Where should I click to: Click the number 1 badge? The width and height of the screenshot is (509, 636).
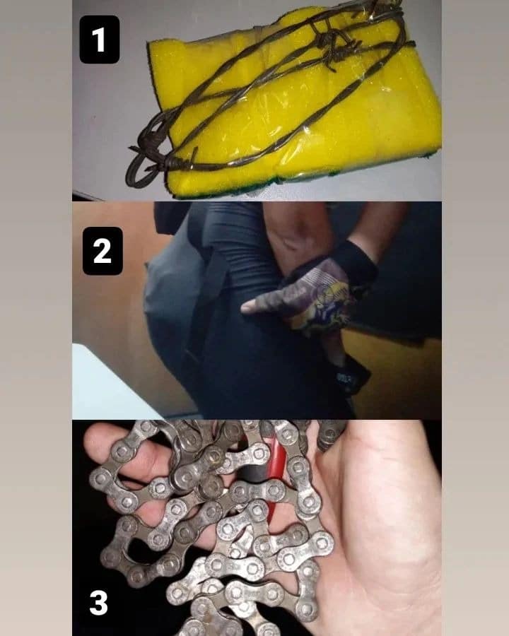tap(100, 40)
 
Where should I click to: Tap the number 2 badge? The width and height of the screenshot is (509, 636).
tap(103, 251)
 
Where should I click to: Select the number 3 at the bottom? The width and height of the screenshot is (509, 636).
tap(99, 603)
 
